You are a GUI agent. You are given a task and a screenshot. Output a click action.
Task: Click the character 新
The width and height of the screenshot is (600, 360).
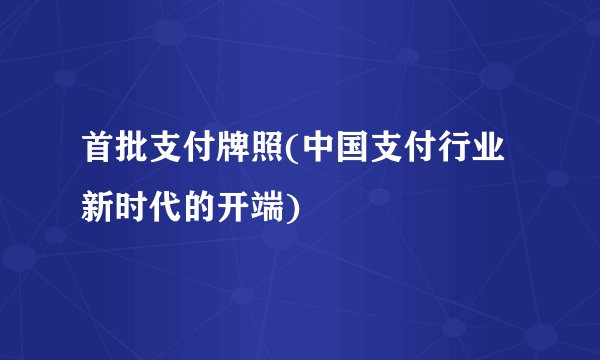[x=99, y=208]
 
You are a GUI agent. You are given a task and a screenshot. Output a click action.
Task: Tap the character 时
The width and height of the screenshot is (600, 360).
[x=133, y=208]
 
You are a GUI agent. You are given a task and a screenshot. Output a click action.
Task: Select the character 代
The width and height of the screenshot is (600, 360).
[x=167, y=208]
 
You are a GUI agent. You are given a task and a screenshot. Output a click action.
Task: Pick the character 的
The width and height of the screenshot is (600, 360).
[x=201, y=208]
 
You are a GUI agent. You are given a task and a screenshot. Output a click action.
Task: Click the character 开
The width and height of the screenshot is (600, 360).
[x=235, y=208]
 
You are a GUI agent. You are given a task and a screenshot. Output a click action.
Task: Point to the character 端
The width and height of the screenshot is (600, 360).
[x=269, y=208]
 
